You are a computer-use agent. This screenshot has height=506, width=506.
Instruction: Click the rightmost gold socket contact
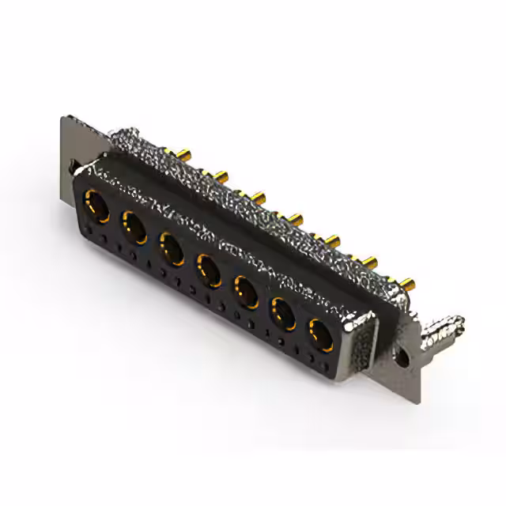click(x=320, y=334)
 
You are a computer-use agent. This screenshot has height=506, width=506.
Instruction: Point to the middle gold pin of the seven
click(x=296, y=217)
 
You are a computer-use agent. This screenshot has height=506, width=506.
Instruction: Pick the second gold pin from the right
click(x=371, y=261)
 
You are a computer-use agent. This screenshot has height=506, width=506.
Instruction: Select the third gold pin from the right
click(x=333, y=239)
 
